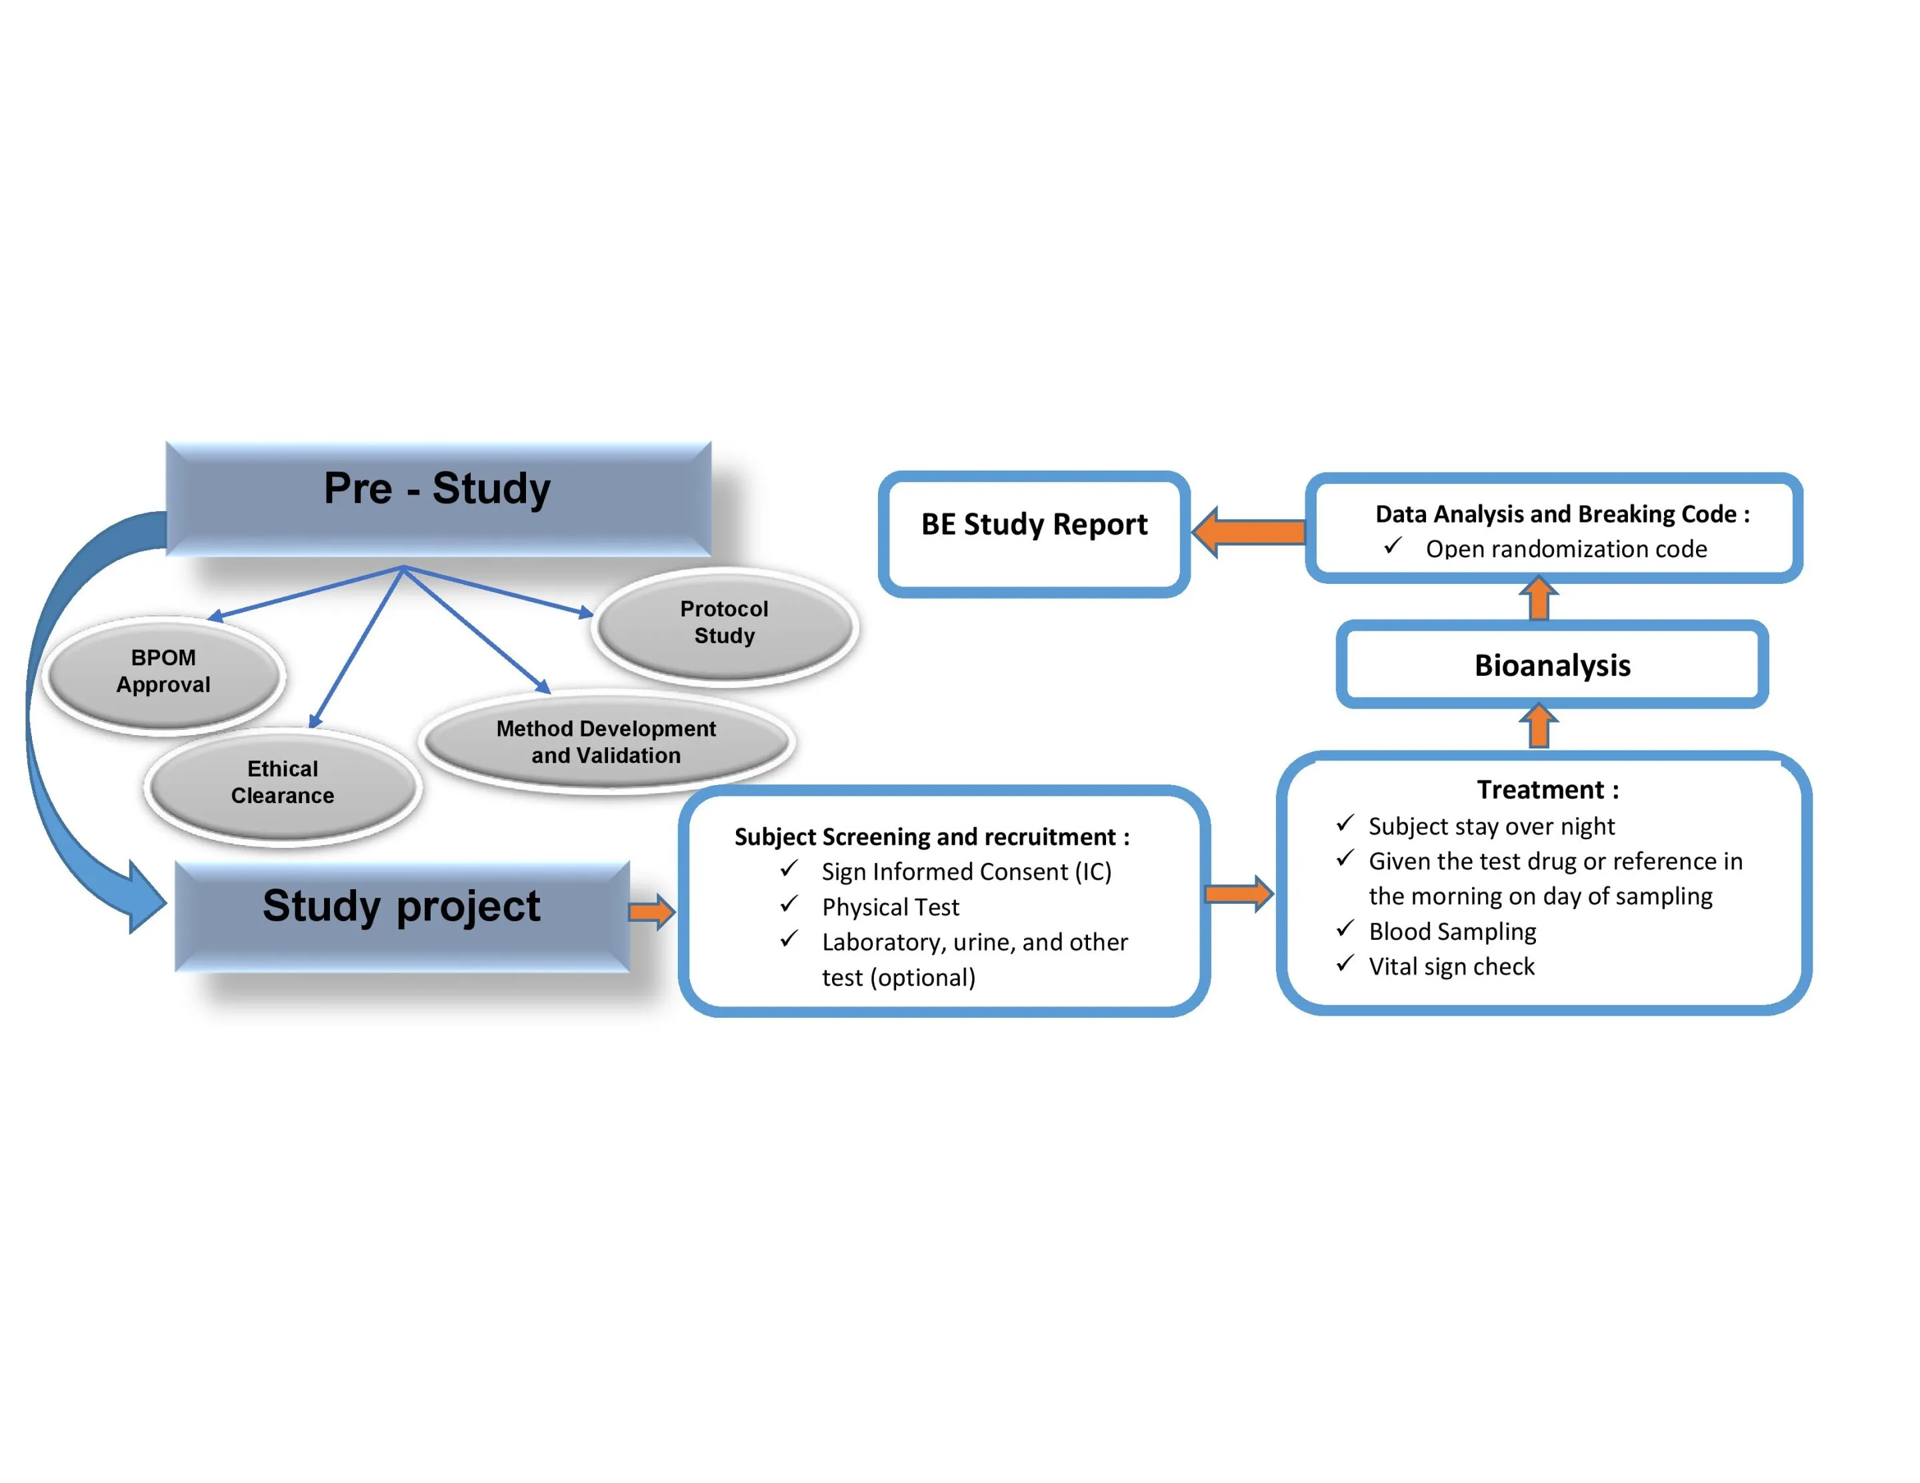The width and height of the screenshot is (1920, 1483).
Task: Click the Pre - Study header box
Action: [x=438, y=498]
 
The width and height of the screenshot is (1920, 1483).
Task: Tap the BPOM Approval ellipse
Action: [x=163, y=672]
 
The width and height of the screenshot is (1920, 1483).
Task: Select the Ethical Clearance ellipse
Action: [x=282, y=782]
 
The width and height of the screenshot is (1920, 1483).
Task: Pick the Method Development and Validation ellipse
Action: [x=606, y=742]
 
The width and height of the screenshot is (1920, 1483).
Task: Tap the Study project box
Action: [x=402, y=914]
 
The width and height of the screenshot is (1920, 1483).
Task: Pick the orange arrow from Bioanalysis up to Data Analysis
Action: [x=1539, y=599]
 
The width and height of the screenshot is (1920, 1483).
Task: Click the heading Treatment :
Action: [x=1547, y=789]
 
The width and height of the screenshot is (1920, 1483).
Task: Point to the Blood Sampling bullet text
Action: [x=1451, y=931]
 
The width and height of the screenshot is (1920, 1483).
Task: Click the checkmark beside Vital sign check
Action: [x=1344, y=964]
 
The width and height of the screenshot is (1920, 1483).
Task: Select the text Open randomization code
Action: [x=1566, y=549]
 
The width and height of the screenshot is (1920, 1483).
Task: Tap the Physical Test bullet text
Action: [x=890, y=906]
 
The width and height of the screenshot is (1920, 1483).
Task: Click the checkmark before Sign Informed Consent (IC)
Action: [x=789, y=869]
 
